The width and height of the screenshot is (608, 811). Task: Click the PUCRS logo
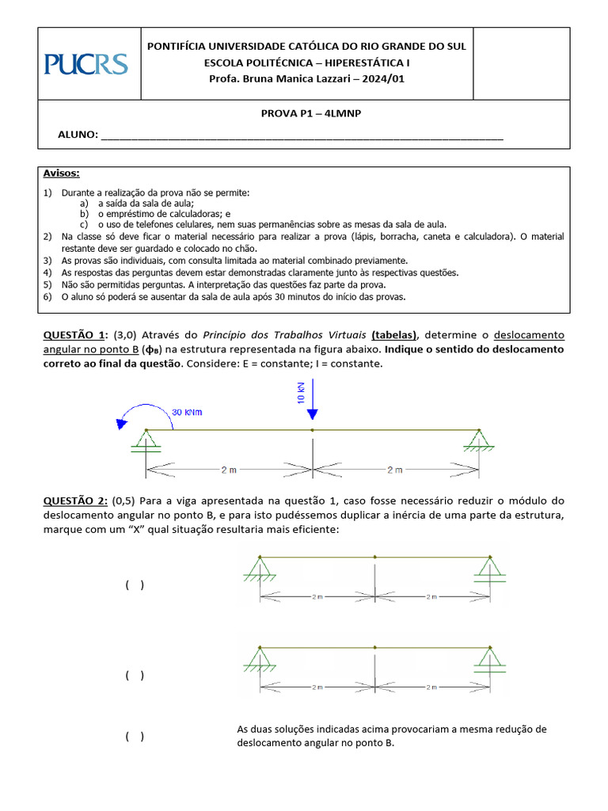[86, 63]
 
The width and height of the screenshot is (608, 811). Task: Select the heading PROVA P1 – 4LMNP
[310, 114]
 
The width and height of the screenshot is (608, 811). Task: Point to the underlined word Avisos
[61, 173]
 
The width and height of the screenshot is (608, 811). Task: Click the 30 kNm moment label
[188, 412]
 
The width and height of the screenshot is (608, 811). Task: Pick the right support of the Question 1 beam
[478, 440]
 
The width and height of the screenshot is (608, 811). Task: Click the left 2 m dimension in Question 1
[229, 470]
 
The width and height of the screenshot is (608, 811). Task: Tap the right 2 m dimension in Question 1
[396, 470]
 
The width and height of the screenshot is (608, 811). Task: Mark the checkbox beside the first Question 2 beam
[134, 585]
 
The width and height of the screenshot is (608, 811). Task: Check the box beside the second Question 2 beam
[134, 675]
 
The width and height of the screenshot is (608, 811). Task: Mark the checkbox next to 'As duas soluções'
[134, 736]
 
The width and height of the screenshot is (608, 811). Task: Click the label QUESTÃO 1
[74, 335]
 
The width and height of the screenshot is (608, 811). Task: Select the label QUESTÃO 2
[74, 501]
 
